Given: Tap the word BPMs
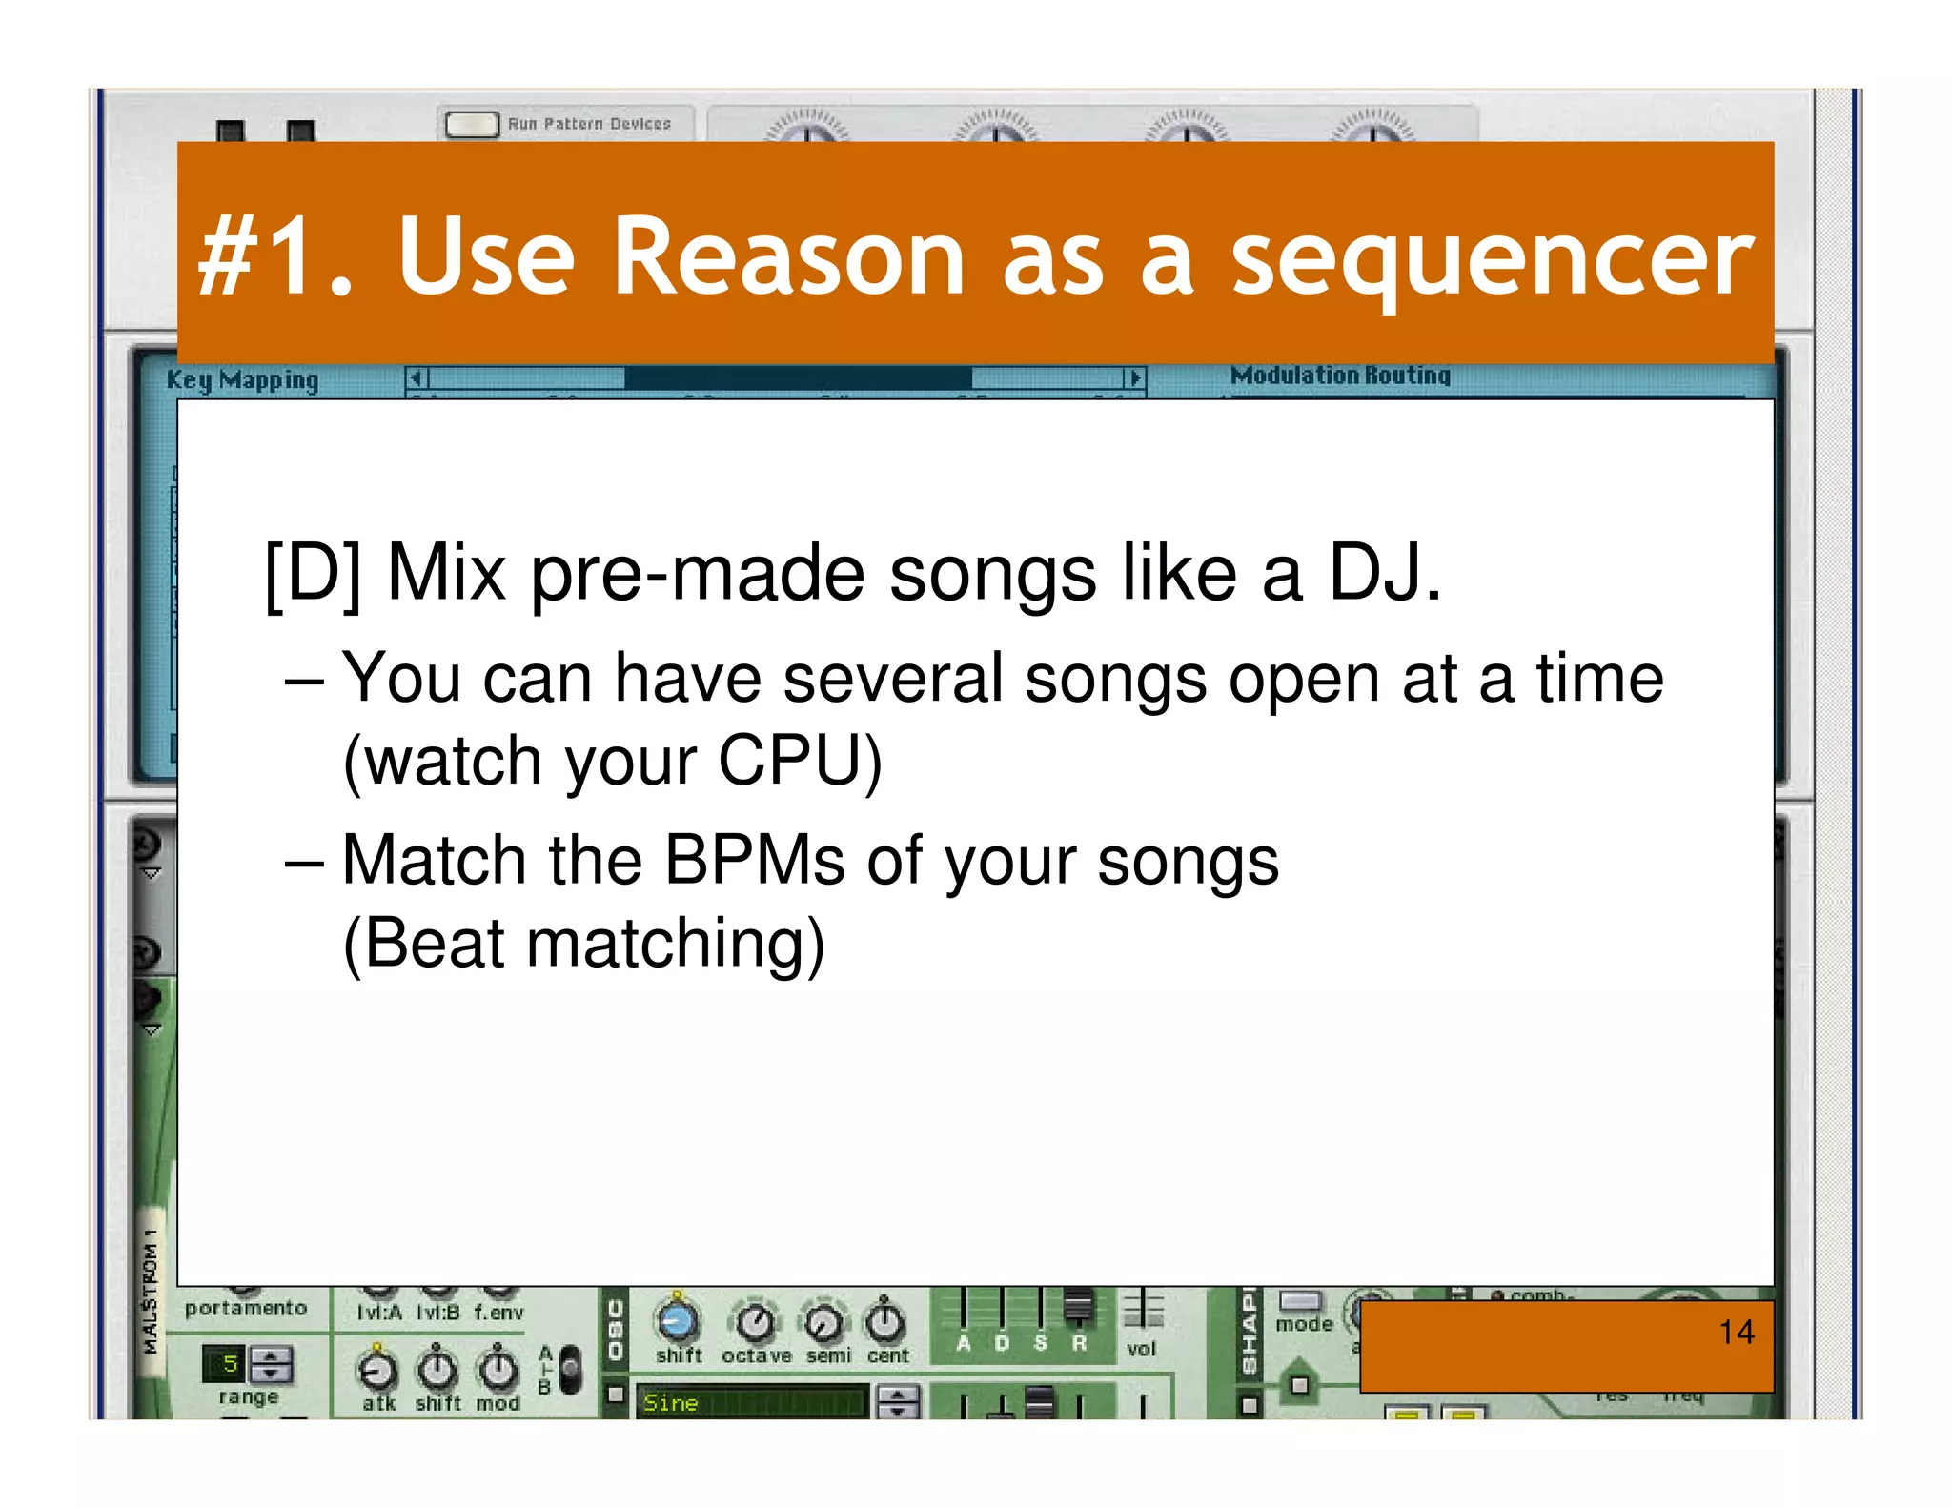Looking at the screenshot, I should pos(753,861).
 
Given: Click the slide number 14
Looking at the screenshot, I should pos(1736,1332).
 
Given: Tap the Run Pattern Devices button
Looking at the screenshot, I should pos(472,124).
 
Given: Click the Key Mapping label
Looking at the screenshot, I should pos(242,379).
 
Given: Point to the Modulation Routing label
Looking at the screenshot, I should pos(1340,376).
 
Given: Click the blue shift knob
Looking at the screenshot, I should pos(678,1320).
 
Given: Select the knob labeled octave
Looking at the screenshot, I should pos(756,1322).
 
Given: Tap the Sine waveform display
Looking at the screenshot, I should pos(751,1402).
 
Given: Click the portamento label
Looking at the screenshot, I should pos(246,1308).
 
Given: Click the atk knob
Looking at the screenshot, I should pos(377,1371).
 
